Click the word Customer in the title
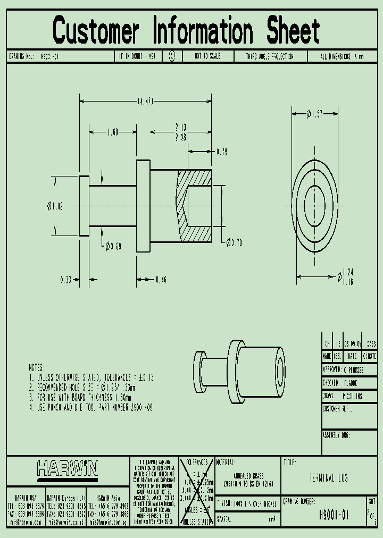click(x=96, y=30)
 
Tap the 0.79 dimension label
click(x=221, y=152)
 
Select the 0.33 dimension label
click(x=66, y=279)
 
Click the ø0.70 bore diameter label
click(x=234, y=243)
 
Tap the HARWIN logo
click(x=68, y=468)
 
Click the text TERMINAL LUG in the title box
click(x=328, y=478)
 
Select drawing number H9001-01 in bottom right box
click(x=334, y=514)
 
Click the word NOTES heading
click(x=37, y=367)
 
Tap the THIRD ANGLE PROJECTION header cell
click(x=269, y=56)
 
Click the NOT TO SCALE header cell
click(x=207, y=56)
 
